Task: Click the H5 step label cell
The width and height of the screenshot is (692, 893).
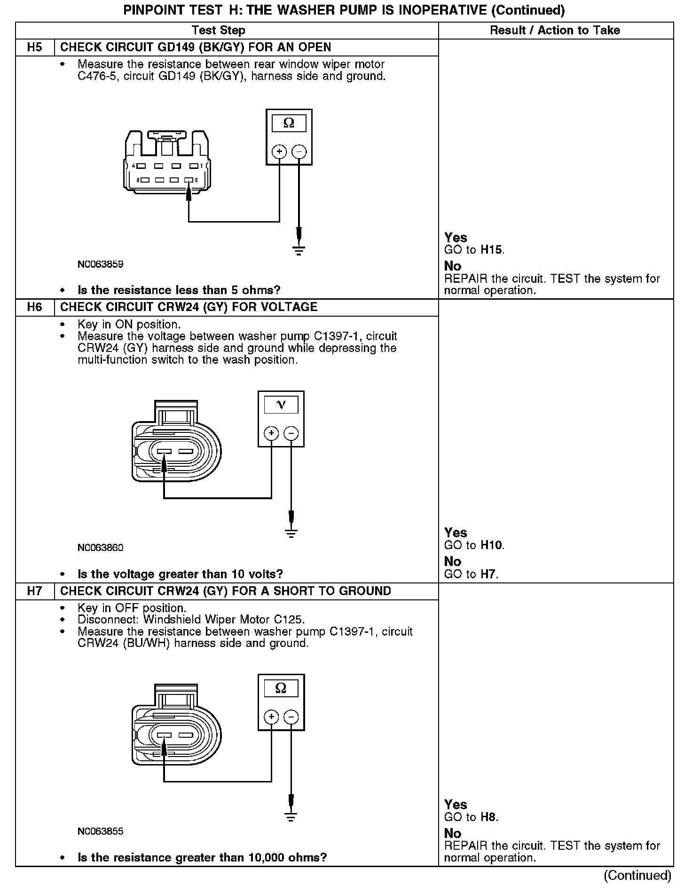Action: point(35,48)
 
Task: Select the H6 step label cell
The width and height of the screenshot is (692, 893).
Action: point(35,307)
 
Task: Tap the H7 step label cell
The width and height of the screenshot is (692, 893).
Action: point(35,591)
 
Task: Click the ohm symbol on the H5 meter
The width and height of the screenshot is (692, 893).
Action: point(289,123)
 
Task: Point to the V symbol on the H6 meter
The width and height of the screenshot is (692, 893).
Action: point(281,405)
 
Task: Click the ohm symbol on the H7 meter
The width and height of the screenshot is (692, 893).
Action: point(281,688)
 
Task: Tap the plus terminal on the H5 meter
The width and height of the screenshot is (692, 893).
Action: point(279,151)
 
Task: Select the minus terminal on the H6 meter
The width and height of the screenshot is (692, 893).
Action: point(291,433)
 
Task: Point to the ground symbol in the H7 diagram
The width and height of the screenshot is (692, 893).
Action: point(291,817)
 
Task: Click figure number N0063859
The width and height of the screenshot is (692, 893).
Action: point(101,264)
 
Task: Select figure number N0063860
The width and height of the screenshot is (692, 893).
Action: point(101,548)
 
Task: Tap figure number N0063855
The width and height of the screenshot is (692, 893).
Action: point(101,831)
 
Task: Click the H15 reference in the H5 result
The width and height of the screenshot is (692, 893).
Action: point(491,250)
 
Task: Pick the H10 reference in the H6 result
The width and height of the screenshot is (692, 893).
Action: point(491,545)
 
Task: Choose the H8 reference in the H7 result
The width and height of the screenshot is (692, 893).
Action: point(488,817)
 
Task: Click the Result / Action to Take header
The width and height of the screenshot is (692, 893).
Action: point(555,31)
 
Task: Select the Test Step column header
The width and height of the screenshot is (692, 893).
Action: point(219,31)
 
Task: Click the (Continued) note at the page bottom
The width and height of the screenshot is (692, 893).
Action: point(637,875)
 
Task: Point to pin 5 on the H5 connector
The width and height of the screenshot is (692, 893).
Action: point(189,180)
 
